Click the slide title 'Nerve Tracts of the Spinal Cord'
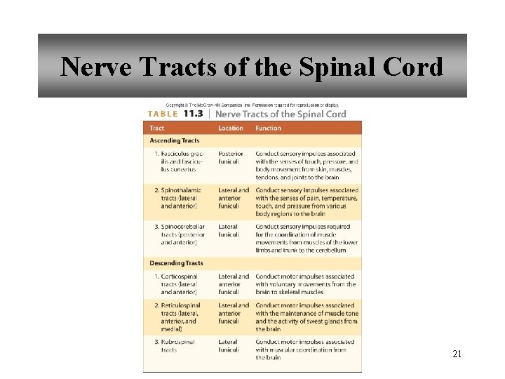[252, 67]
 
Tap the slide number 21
[457, 354]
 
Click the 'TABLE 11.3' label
[175, 114]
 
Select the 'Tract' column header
[157, 128]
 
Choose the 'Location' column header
[231, 128]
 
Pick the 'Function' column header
[269, 128]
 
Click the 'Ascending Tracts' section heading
[175, 140]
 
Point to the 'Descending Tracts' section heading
[177, 263]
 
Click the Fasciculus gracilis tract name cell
[179, 161]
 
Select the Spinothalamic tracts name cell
[179, 198]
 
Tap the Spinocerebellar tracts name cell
[179, 234]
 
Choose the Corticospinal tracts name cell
[179, 284]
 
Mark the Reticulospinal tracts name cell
[179, 317]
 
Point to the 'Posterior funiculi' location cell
[231, 157]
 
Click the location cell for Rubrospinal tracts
[229, 346]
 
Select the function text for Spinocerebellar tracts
[306, 239]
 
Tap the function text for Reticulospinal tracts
[306, 317]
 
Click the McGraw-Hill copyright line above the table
[252, 105]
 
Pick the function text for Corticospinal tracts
[306, 284]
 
